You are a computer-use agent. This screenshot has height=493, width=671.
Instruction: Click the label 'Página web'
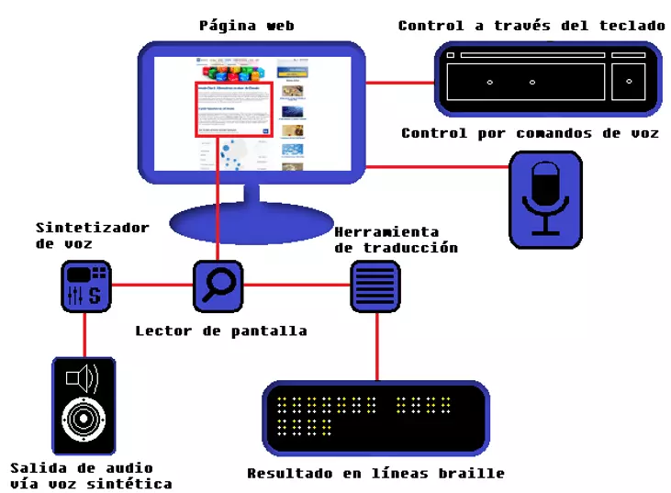click(x=246, y=26)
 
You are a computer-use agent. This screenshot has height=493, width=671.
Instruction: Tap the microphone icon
click(x=545, y=199)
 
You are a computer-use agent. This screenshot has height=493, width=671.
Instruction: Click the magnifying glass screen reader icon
click(x=218, y=286)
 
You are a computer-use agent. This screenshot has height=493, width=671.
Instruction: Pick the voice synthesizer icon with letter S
click(x=86, y=286)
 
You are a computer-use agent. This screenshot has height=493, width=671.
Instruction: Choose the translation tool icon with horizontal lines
click(x=375, y=286)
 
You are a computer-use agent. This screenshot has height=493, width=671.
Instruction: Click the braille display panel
click(x=375, y=418)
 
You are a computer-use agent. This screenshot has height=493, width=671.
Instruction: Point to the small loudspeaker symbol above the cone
click(x=82, y=377)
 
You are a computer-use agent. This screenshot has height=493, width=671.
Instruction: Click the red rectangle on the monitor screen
click(x=234, y=109)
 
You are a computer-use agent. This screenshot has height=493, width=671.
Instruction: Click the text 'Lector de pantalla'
click(x=220, y=331)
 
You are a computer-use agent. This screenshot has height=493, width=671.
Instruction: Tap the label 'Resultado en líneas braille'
click(x=375, y=474)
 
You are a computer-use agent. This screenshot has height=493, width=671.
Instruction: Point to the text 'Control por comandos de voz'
click(x=530, y=133)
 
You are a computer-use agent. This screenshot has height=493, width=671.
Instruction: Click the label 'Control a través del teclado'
click(x=531, y=26)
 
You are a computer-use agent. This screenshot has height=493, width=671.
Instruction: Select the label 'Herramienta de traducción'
click(x=396, y=240)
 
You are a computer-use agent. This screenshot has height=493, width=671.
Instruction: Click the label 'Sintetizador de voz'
click(x=92, y=235)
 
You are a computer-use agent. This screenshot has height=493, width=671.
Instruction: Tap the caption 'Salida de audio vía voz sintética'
click(x=90, y=476)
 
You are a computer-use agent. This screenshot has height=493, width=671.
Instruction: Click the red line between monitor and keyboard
click(x=400, y=83)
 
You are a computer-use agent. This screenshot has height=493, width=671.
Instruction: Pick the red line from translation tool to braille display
click(x=375, y=346)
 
